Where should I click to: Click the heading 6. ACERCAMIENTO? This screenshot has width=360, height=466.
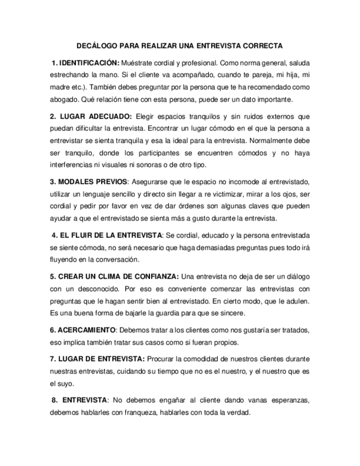tap(83, 330)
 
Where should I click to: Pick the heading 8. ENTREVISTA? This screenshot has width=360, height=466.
tap(81, 400)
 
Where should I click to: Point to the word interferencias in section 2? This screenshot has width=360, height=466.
tap(73, 165)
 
